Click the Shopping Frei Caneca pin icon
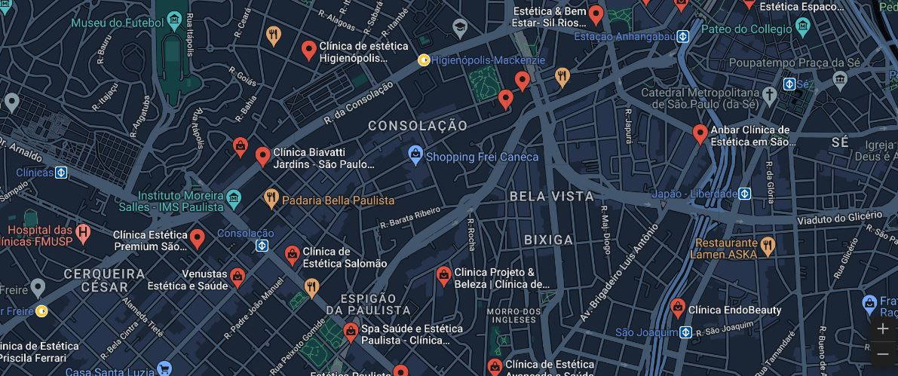pyautogui.click(x=415, y=155)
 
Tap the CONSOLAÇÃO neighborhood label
pyautogui.click(x=417, y=126)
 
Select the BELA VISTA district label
pyautogui.click(x=551, y=196)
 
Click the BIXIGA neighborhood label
pyautogui.click(x=548, y=240)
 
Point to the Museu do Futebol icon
pyautogui.click(x=175, y=19)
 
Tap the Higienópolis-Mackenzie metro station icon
pyautogui.click(x=424, y=60)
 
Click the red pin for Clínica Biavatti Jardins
pyautogui.click(x=262, y=156)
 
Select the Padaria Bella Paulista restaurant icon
pyautogui.click(x=271, y=199)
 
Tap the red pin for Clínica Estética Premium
pyautogui.click(x=197, y=239)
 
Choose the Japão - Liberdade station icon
pyautogui.click(x=744, y=194)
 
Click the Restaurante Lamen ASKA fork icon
pyautogui.click(x=768, y=245)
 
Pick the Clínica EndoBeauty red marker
pyautogui.click(x=678, y=307)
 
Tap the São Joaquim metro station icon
pyautogui.click(x=685, y=332)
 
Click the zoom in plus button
pyautogui.click(x=883, y=329)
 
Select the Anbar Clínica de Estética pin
pyautogui.click(x=700, y=134)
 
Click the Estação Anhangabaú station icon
pyautogui.click(x=682, y=36)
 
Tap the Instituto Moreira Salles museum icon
pyautogui.click(x=234, y=200)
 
